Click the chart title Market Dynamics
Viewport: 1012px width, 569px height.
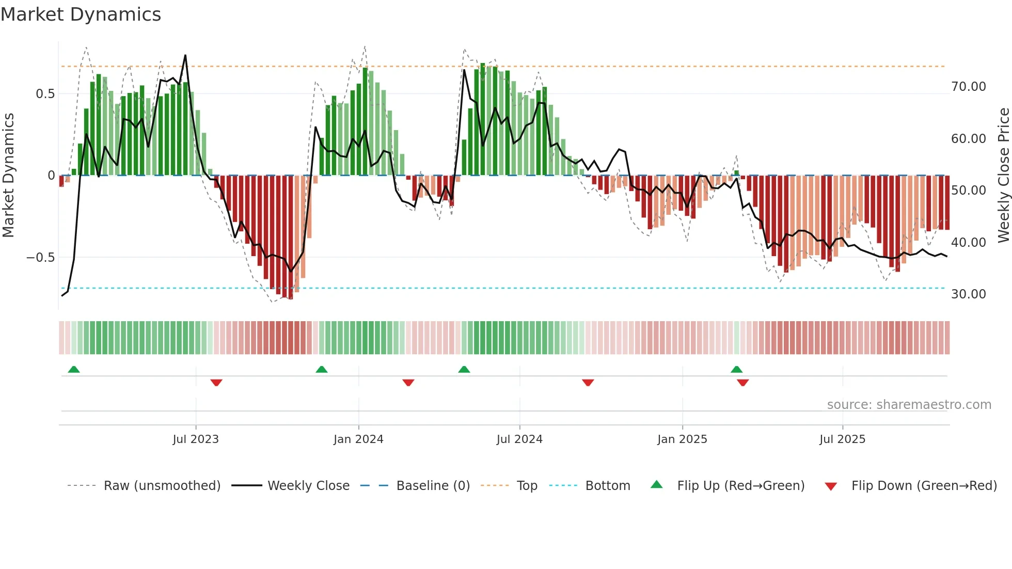81,14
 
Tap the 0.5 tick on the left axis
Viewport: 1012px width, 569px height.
45,94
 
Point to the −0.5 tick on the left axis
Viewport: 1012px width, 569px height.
40,258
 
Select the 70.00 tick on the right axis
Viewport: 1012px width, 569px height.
968,87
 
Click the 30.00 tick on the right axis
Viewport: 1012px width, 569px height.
968,294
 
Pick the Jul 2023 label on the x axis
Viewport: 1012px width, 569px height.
196,439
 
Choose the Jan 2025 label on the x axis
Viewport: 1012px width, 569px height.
682,439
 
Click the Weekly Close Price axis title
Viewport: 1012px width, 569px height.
1003,176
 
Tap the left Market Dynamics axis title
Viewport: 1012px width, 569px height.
9,176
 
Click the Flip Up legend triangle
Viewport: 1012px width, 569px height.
656,484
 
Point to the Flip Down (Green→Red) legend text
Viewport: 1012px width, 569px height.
924,486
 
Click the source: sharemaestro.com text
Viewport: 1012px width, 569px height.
909,405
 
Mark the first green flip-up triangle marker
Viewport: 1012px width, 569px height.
74,369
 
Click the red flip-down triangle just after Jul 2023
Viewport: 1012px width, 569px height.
216,383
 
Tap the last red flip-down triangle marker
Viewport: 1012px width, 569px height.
742,383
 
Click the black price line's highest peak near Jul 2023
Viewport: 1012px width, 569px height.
185,56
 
